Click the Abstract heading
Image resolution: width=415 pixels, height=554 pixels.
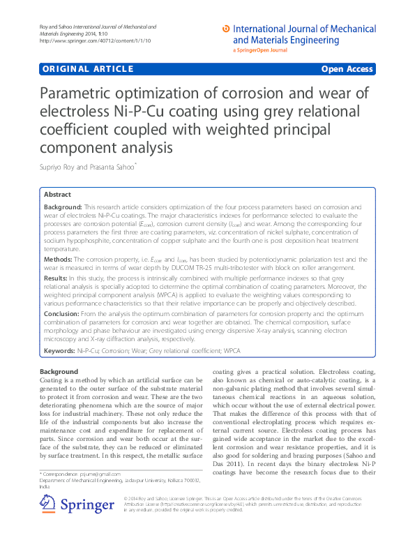click(x=57, y=195)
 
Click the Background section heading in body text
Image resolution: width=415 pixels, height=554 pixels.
click(x=59, y=372)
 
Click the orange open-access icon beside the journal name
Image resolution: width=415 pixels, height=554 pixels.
click(x=225, y=29)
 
